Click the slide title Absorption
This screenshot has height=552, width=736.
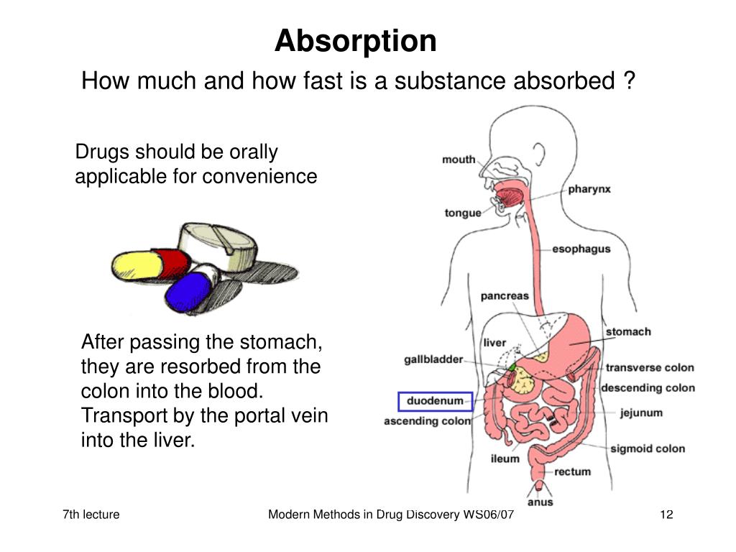click(x=355, y=41)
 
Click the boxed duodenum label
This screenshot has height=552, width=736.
click(x=435, y=401)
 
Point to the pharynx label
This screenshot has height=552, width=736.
click(x=589, y=189)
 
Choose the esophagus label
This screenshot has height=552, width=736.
click(x=581, y=249)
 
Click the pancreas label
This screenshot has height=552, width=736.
click(x=504, y=295)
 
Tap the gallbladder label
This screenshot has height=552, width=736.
click(x=433, y=359)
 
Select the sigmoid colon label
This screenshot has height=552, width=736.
click(x=647, y=448)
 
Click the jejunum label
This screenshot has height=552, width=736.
click(x=641, y=413)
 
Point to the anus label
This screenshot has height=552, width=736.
click(x=540, y=502)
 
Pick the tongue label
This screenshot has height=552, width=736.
click(x=463, y=213)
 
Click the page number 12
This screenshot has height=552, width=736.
click(x=666, y=515)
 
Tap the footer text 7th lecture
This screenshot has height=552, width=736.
click(x=91, y=515)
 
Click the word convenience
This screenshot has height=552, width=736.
click(x=259, y=176)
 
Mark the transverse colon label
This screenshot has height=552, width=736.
click(x=649, y=367)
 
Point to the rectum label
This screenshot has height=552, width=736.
click(x=572, y=471)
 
